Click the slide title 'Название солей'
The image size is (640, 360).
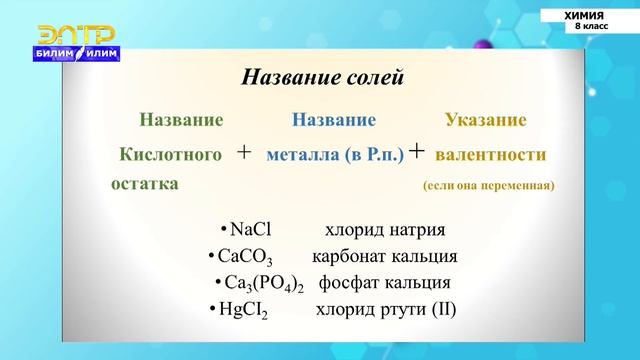[x=322, y=77]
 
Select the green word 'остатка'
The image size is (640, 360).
[x=144, y=184]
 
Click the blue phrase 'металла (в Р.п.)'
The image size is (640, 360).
[x=335, y=155]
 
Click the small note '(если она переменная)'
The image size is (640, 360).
[x=489, y=185]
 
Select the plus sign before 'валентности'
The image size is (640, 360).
[x=417, y=151]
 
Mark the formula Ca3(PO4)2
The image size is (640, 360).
[x=264, y=283]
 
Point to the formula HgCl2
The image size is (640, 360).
[x=248, y=309]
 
